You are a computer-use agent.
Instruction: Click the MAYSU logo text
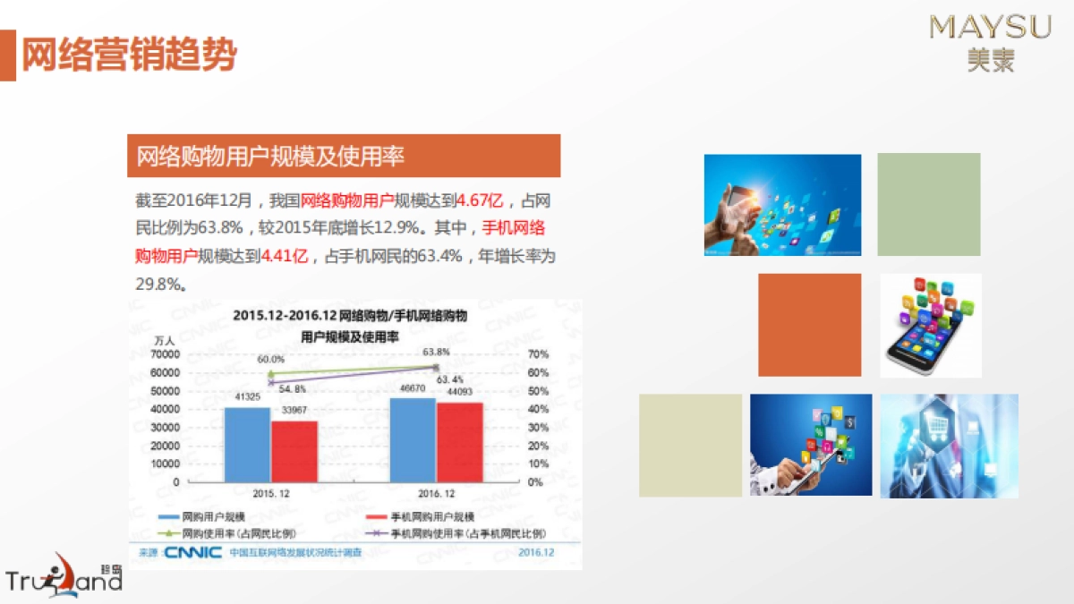point(991,28)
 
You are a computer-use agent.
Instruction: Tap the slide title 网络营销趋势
point(129,55)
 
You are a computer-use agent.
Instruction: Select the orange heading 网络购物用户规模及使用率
point(270,157)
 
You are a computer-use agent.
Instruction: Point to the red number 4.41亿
point(284,256)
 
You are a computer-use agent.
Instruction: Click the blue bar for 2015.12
point(246,445)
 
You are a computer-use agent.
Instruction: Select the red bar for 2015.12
point(294,452)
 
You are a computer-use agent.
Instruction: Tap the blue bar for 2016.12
point(413,440)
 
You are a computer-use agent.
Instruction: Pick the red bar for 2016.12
point(460,442)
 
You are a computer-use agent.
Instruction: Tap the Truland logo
point(63,576)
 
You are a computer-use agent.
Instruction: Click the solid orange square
point(809,325)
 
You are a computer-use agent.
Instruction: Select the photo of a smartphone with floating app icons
point(931,325)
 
